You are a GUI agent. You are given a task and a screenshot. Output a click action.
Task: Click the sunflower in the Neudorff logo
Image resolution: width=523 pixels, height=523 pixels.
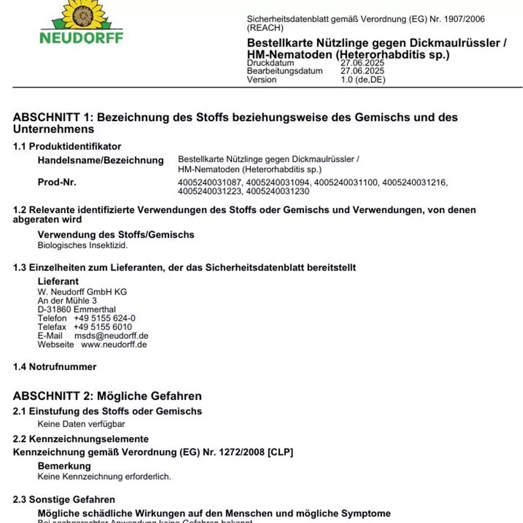pos(81,13)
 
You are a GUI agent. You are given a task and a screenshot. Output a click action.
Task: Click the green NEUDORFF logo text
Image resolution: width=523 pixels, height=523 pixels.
pos(81,38)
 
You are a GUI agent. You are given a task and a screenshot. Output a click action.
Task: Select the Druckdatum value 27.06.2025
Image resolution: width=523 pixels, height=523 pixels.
pos(363,63)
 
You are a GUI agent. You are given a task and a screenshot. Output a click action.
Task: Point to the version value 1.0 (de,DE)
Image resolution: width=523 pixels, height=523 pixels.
pos(363,80)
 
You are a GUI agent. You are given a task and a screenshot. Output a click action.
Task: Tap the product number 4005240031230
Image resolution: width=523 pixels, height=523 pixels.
pos(278,191)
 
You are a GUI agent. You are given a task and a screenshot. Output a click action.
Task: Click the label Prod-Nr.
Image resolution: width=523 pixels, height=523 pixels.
pos(57,182)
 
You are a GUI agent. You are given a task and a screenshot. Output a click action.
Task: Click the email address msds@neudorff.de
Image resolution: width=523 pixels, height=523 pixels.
pos(111,336)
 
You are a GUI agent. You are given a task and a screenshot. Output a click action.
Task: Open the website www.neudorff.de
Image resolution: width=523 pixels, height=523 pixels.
pos(114,345)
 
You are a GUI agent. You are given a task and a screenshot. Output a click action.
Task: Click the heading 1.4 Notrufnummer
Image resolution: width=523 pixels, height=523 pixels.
pos(55,367)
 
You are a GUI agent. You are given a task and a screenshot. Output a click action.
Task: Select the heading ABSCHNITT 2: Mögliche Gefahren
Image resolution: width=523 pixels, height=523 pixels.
pos(108,396)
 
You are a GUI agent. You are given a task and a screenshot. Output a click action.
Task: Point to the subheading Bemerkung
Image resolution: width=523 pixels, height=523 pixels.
pos(64,466)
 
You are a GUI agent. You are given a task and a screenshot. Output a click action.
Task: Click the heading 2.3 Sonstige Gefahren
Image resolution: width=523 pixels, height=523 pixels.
pos(64,500)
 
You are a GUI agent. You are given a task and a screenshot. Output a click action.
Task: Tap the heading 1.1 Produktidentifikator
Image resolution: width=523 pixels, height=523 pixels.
pos(67,146)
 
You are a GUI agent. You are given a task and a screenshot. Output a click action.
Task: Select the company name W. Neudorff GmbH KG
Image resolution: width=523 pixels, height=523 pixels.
pos(82,292)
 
